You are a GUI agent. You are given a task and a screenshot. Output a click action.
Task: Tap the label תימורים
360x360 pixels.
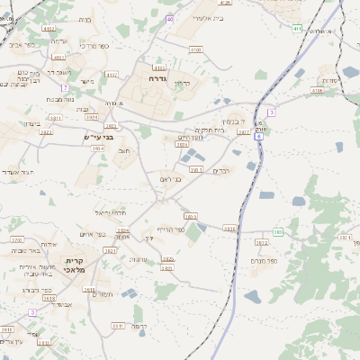[x=103, y=294]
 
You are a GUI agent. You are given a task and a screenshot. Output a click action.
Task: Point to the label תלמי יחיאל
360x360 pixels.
[x=111, y=213]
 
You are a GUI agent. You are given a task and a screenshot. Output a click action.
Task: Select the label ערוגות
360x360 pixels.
[x=139, y=259]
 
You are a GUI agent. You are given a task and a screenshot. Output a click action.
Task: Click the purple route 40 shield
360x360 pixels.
[x=170, y=18]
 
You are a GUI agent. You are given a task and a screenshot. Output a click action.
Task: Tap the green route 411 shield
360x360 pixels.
[x=297, y=29]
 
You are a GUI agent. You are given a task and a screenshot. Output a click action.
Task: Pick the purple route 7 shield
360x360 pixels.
[x=64, y=87]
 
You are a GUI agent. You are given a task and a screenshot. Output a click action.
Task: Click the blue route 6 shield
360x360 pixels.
[x=259, y=137]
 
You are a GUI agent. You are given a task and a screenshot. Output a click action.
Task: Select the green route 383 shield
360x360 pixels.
[x=278, y=232]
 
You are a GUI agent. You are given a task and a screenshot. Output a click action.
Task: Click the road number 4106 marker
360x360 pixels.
[x=317, y=90]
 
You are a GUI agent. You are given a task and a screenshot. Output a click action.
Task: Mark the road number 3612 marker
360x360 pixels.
[x=262, y=242]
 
